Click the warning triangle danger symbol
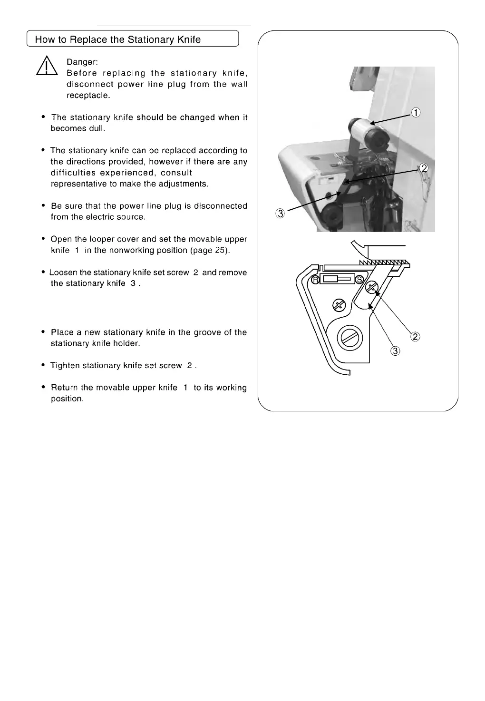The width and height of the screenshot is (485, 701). tap(47, 67)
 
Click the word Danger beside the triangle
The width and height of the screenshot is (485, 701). tap(82, 62)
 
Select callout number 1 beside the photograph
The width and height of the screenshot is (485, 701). tap(416, 113)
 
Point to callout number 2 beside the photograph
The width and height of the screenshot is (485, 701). tap(424, 168)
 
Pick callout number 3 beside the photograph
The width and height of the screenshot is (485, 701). tap(281, 214)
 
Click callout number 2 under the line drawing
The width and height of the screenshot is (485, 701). tap(415, 337)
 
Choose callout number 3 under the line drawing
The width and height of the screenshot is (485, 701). tap(395, 351)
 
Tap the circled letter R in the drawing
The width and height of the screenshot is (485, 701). tap(316, 280)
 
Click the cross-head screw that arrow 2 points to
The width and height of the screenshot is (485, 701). tap(372, 287)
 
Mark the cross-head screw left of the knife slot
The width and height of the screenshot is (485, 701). tap(339, 304)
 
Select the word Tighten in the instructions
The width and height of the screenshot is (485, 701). tap(66, 365)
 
